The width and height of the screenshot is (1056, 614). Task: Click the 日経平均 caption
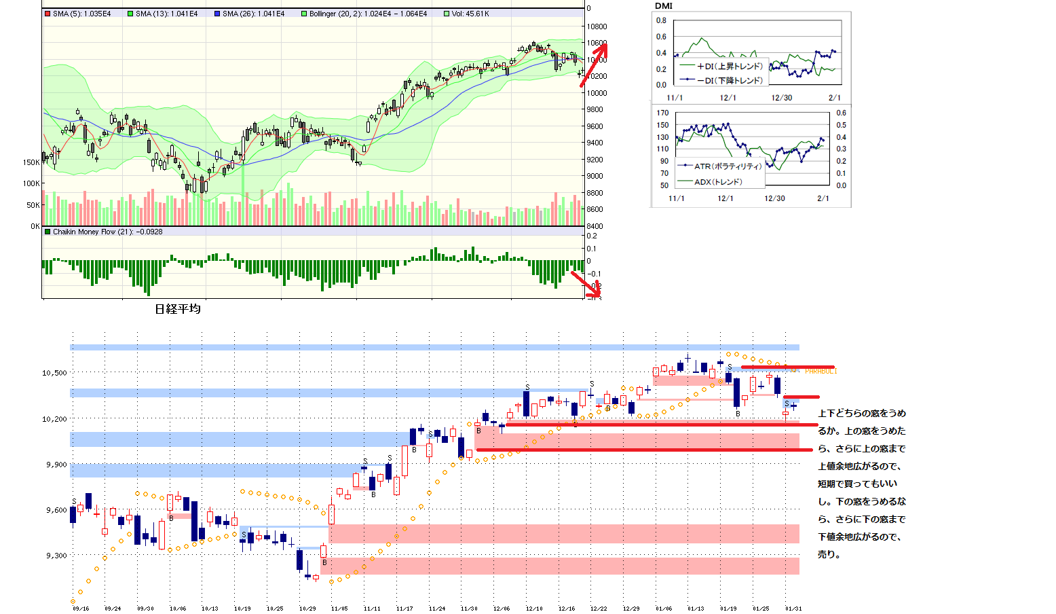click(x=178, y=309)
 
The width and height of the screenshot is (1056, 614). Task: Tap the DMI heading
click(x=663, y=6)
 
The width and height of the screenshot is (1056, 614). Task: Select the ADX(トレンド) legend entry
click(x=718, y=182)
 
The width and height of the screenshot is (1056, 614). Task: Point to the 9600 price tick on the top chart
click(x=595, y=126)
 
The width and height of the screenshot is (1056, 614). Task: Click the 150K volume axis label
click(x=31, y=162)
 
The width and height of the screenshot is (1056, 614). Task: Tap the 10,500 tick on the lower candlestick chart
click(x=54, y=373)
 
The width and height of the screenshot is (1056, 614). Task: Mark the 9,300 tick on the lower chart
click(x=56, y=556)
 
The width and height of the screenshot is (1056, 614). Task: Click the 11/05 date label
click(x=339, y=609)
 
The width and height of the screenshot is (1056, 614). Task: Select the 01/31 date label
click(x=793, y=609)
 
